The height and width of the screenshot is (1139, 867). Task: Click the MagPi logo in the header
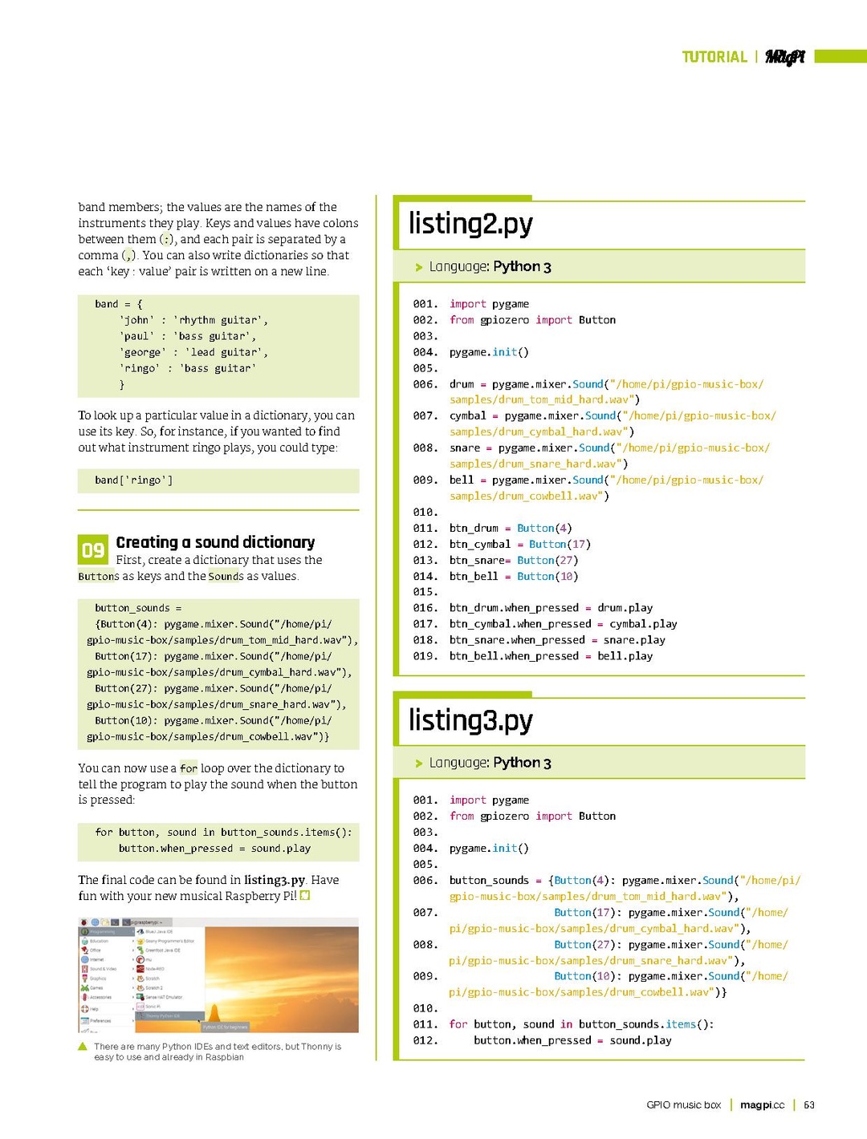tap(784, 57)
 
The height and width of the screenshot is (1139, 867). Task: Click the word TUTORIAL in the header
tap(714, 57)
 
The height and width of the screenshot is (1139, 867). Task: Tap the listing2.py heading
tap(470, 224)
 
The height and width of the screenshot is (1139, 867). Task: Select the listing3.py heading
tap(470, 720)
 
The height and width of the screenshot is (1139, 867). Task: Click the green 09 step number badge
tap(92, 550)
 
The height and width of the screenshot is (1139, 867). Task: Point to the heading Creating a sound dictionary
tap(215, 543)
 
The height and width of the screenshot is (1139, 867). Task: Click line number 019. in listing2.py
tap(425, 656)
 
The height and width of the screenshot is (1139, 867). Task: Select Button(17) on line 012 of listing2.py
tap(560, 545)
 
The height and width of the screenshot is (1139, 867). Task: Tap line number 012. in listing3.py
tap(425, 1040)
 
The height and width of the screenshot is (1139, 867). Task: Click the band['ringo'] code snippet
tap(133, 480)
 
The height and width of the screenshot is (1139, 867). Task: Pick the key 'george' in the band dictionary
tap(143, 352)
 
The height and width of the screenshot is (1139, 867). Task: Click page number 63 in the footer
tap(809, 1105)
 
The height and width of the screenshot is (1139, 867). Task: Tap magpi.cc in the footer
tap(762, 1105)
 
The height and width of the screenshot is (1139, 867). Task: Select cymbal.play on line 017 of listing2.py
tap(643, 624)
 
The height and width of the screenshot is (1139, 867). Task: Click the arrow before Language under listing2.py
tap(418, 267)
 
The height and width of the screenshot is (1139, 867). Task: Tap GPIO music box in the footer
tap(683, 1105)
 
